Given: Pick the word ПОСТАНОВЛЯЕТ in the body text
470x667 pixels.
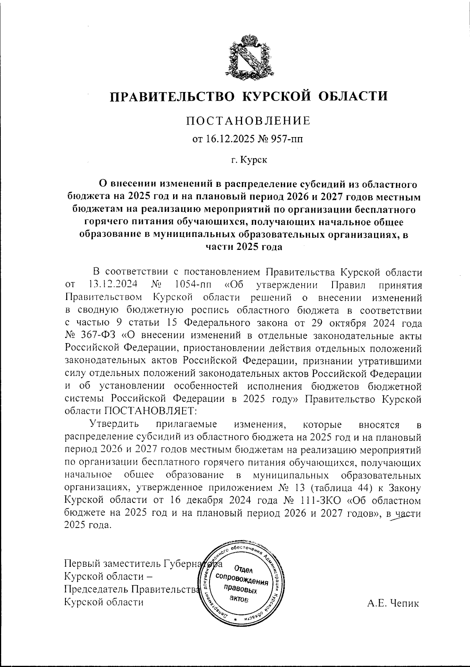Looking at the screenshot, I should click(x=151, y=411).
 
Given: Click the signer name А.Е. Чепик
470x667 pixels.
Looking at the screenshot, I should click(x=393, y=604).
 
